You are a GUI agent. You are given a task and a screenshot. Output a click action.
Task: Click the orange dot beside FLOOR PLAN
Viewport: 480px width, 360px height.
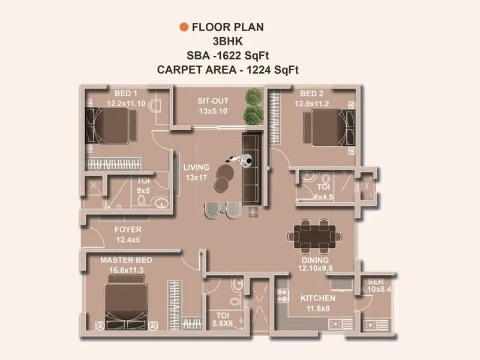(x=184, y=27)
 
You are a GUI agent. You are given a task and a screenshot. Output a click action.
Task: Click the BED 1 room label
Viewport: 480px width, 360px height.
(x=126, y=94)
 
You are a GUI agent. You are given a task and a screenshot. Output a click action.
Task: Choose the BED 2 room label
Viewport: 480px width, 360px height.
(x=312, y=94)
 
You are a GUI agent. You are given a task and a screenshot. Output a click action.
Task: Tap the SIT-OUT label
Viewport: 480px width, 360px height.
(x=212, y=101)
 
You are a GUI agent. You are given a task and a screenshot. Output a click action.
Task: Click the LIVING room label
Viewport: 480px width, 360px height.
(x=197, y=167)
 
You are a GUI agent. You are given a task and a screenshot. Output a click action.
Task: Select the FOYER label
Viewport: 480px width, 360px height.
(x=128, y=230)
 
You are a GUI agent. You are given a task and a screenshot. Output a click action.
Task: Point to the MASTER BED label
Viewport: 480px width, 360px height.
(x=126, y=260)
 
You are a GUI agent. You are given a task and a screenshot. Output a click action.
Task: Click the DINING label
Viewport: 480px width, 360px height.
(x=315, y=260)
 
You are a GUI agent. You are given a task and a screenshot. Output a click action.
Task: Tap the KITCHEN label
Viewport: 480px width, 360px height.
(x=317, y=298)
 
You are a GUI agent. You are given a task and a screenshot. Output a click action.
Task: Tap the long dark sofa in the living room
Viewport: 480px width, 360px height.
(x=250, y=168)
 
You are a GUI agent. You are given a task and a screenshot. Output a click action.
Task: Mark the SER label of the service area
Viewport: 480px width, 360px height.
(x=376, y=281)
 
